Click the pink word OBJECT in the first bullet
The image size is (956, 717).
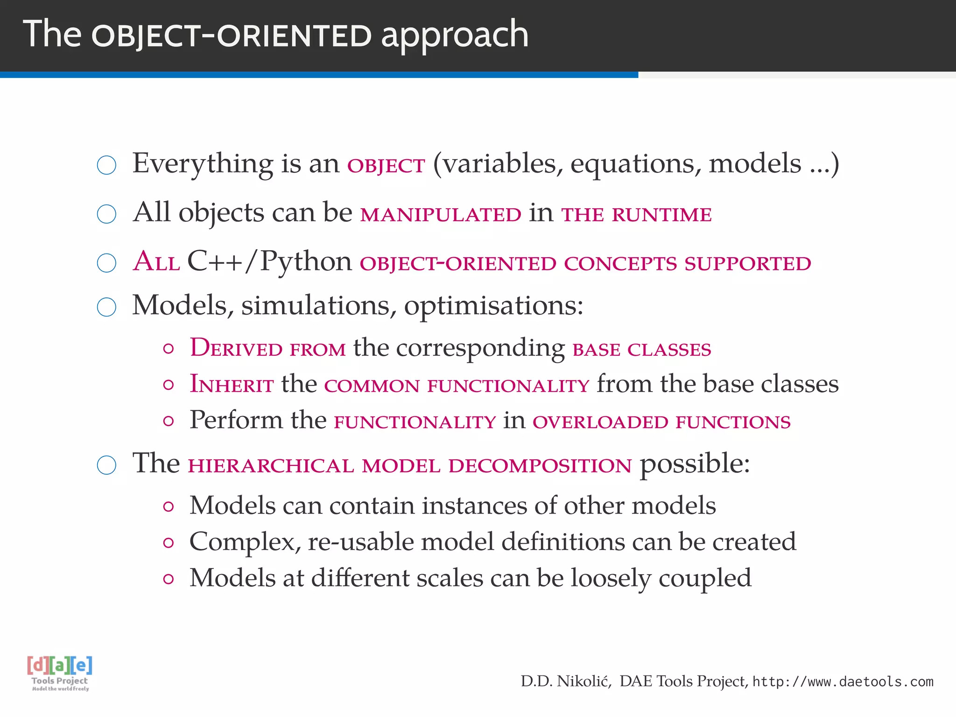pos(386,166)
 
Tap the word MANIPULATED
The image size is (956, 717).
pos(441,215)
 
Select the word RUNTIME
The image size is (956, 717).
pos(661,215)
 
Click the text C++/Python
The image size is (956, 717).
pos(269,261)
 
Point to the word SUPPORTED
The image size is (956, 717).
pos(747,264)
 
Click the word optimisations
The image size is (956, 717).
pos(493,306)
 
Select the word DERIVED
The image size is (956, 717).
pos(236,348)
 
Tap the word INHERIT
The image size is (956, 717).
pos(232,385)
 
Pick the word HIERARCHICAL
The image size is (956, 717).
pos(271,466)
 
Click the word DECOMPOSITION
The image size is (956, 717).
pos(540,466)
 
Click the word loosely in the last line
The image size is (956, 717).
pos(611,578)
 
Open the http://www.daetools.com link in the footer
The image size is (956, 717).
pos(843,682)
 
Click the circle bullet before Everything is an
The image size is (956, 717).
pos(106,165)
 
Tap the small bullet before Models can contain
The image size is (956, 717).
pos(169,507)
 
